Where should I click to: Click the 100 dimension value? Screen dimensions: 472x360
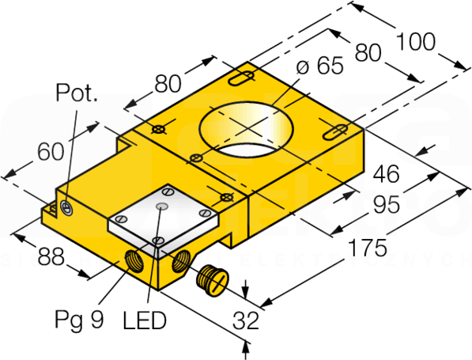(x=416, y=42)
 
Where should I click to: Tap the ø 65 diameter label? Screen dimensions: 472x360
(x=319, y=66)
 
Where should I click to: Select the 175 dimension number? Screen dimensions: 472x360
(x=367, y=248)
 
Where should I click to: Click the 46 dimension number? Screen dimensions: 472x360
(x=386, y=174)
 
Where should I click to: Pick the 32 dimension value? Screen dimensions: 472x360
(x=246, y=320)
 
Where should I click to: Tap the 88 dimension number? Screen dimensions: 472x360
(x=51, y=256)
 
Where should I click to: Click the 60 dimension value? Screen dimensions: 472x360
(x=51, y=152)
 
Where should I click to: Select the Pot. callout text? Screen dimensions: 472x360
(x=77, y=93)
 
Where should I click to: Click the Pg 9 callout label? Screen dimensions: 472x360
(x=80, y=320)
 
